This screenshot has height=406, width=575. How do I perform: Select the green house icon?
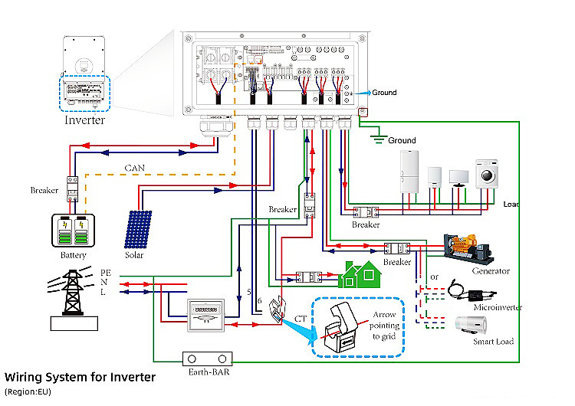(357, 273)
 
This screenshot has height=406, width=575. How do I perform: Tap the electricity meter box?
(205, 314)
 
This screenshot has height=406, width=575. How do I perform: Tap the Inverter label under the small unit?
(84, 120)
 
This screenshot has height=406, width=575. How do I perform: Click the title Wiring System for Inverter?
(80, 377)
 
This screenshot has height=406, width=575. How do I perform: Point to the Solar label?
(134, 255)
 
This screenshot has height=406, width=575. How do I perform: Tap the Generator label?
(491, 270)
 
